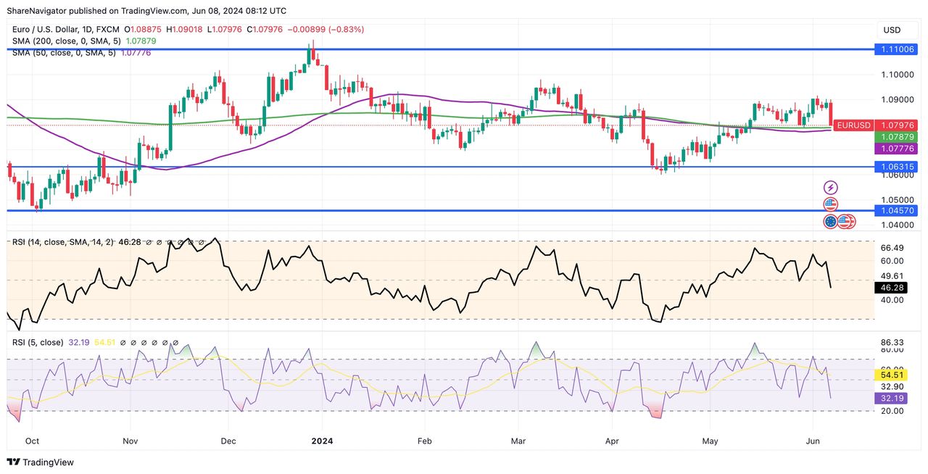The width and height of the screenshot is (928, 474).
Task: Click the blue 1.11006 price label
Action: pos(898,49)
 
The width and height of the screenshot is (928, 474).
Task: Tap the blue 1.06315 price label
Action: pos(898,167)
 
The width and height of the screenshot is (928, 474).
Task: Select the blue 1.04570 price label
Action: pos(898,210)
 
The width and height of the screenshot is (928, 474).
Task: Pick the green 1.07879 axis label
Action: pos(898,137)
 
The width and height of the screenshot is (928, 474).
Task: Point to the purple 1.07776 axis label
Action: pos(898,149)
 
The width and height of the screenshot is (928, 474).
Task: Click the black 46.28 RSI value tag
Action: pos(891,288)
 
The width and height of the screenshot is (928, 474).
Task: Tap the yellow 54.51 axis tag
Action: pos(891,375)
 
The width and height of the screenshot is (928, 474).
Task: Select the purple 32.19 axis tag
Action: pos(891,398)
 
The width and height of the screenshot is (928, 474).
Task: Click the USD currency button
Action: pos(892,30)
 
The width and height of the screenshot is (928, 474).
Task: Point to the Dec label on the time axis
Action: pos(228,440)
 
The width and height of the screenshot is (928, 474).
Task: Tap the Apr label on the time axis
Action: pos(613,440)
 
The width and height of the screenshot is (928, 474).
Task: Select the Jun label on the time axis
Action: pos(812,440)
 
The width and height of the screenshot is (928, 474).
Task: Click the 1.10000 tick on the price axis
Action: pos(898,75)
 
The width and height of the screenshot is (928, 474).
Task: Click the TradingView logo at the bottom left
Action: pos(41,462)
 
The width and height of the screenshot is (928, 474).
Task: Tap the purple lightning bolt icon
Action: pos(831,188)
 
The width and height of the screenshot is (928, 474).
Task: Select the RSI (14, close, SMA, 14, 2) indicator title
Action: pos(62,242)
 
